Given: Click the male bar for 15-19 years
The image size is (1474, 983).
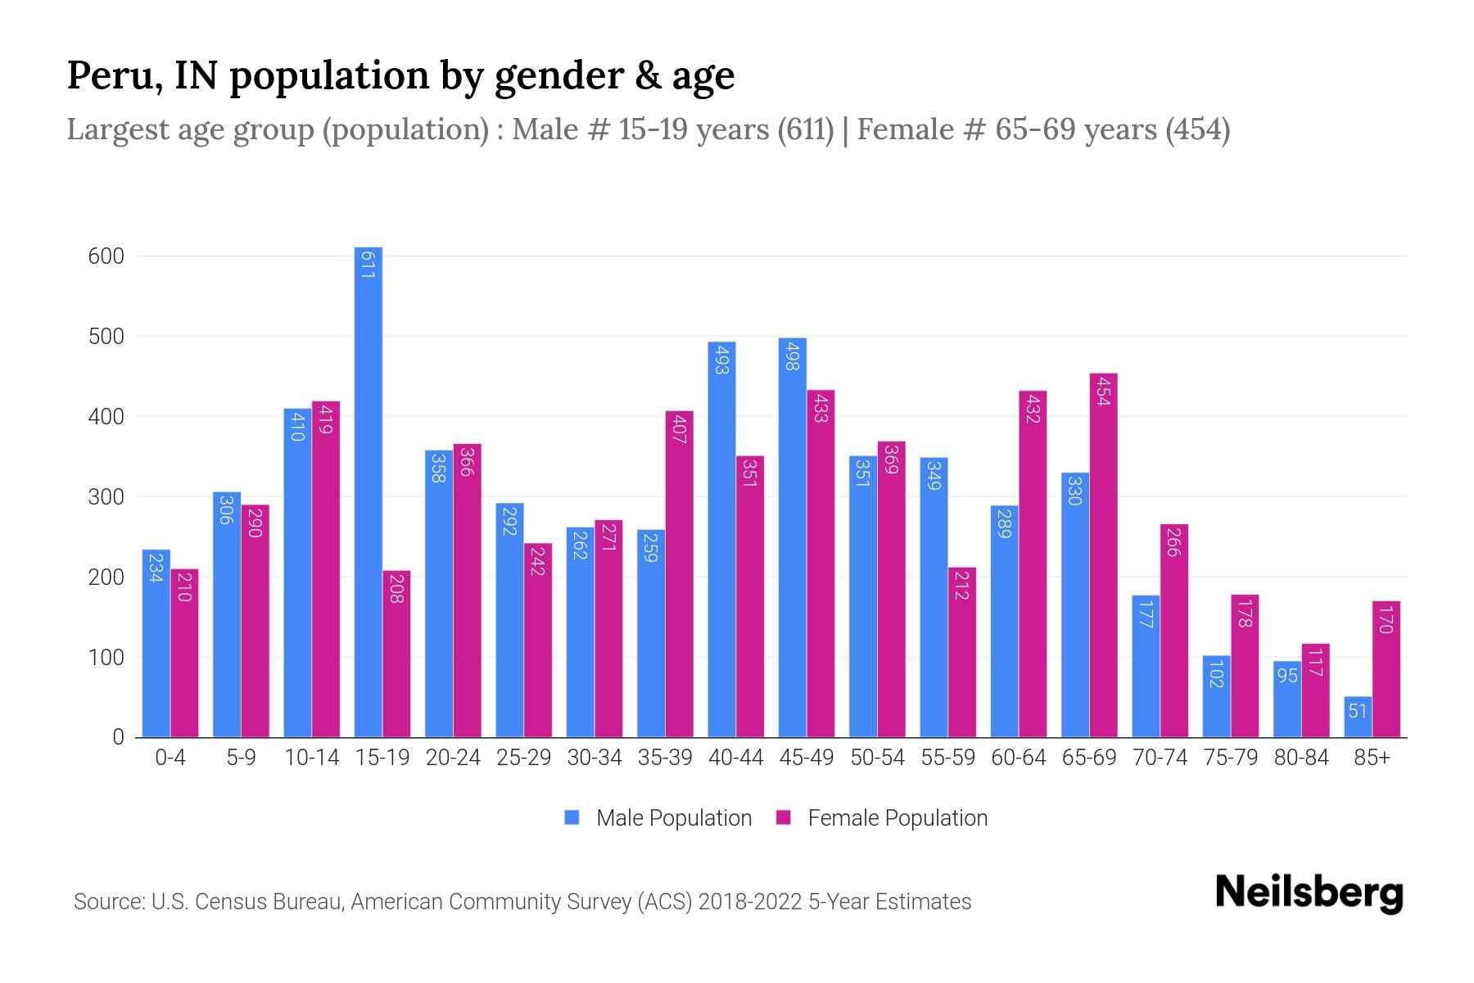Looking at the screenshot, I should coord(368,491).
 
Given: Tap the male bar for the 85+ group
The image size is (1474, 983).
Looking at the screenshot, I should coord(1358,718).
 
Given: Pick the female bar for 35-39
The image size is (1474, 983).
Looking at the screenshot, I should coord(679,573).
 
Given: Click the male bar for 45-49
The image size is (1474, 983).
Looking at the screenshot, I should coord(792,537).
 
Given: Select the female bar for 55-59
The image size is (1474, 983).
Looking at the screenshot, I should coord(962,652).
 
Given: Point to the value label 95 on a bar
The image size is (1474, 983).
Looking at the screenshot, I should coord(1287,676).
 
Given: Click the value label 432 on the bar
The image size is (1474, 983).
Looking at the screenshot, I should coord(1033,408).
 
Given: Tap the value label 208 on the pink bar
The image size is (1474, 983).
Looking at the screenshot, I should coord(396,588).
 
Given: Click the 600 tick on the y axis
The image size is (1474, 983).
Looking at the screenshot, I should coord(106,256).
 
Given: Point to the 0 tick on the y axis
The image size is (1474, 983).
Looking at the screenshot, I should coord(118,737).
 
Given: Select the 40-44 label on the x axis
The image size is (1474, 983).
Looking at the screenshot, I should coord(735,758).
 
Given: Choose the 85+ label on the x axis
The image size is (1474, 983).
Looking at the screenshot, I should coord(1372,758).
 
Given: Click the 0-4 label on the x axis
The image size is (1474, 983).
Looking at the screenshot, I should coord(170,758).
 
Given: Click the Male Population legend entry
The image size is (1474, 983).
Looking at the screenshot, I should coord(673,818).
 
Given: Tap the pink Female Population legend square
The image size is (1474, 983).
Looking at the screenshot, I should coord(784,818).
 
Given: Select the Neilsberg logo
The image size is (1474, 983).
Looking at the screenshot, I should coord(1309,893).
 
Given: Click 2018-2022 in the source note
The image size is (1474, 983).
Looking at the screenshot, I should coord(749,902).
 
